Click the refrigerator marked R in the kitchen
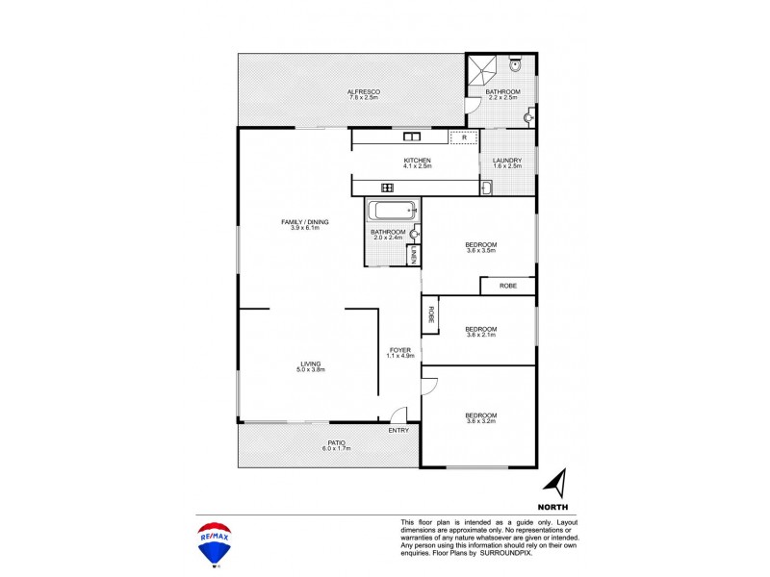pos(464,138)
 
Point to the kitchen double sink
pos(410,138)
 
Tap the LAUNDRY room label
pos(506,161)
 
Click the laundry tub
pos(486,188)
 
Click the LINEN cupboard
pos(413,255)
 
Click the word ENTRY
pos(398,430)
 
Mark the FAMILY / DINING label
pos(305,222)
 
